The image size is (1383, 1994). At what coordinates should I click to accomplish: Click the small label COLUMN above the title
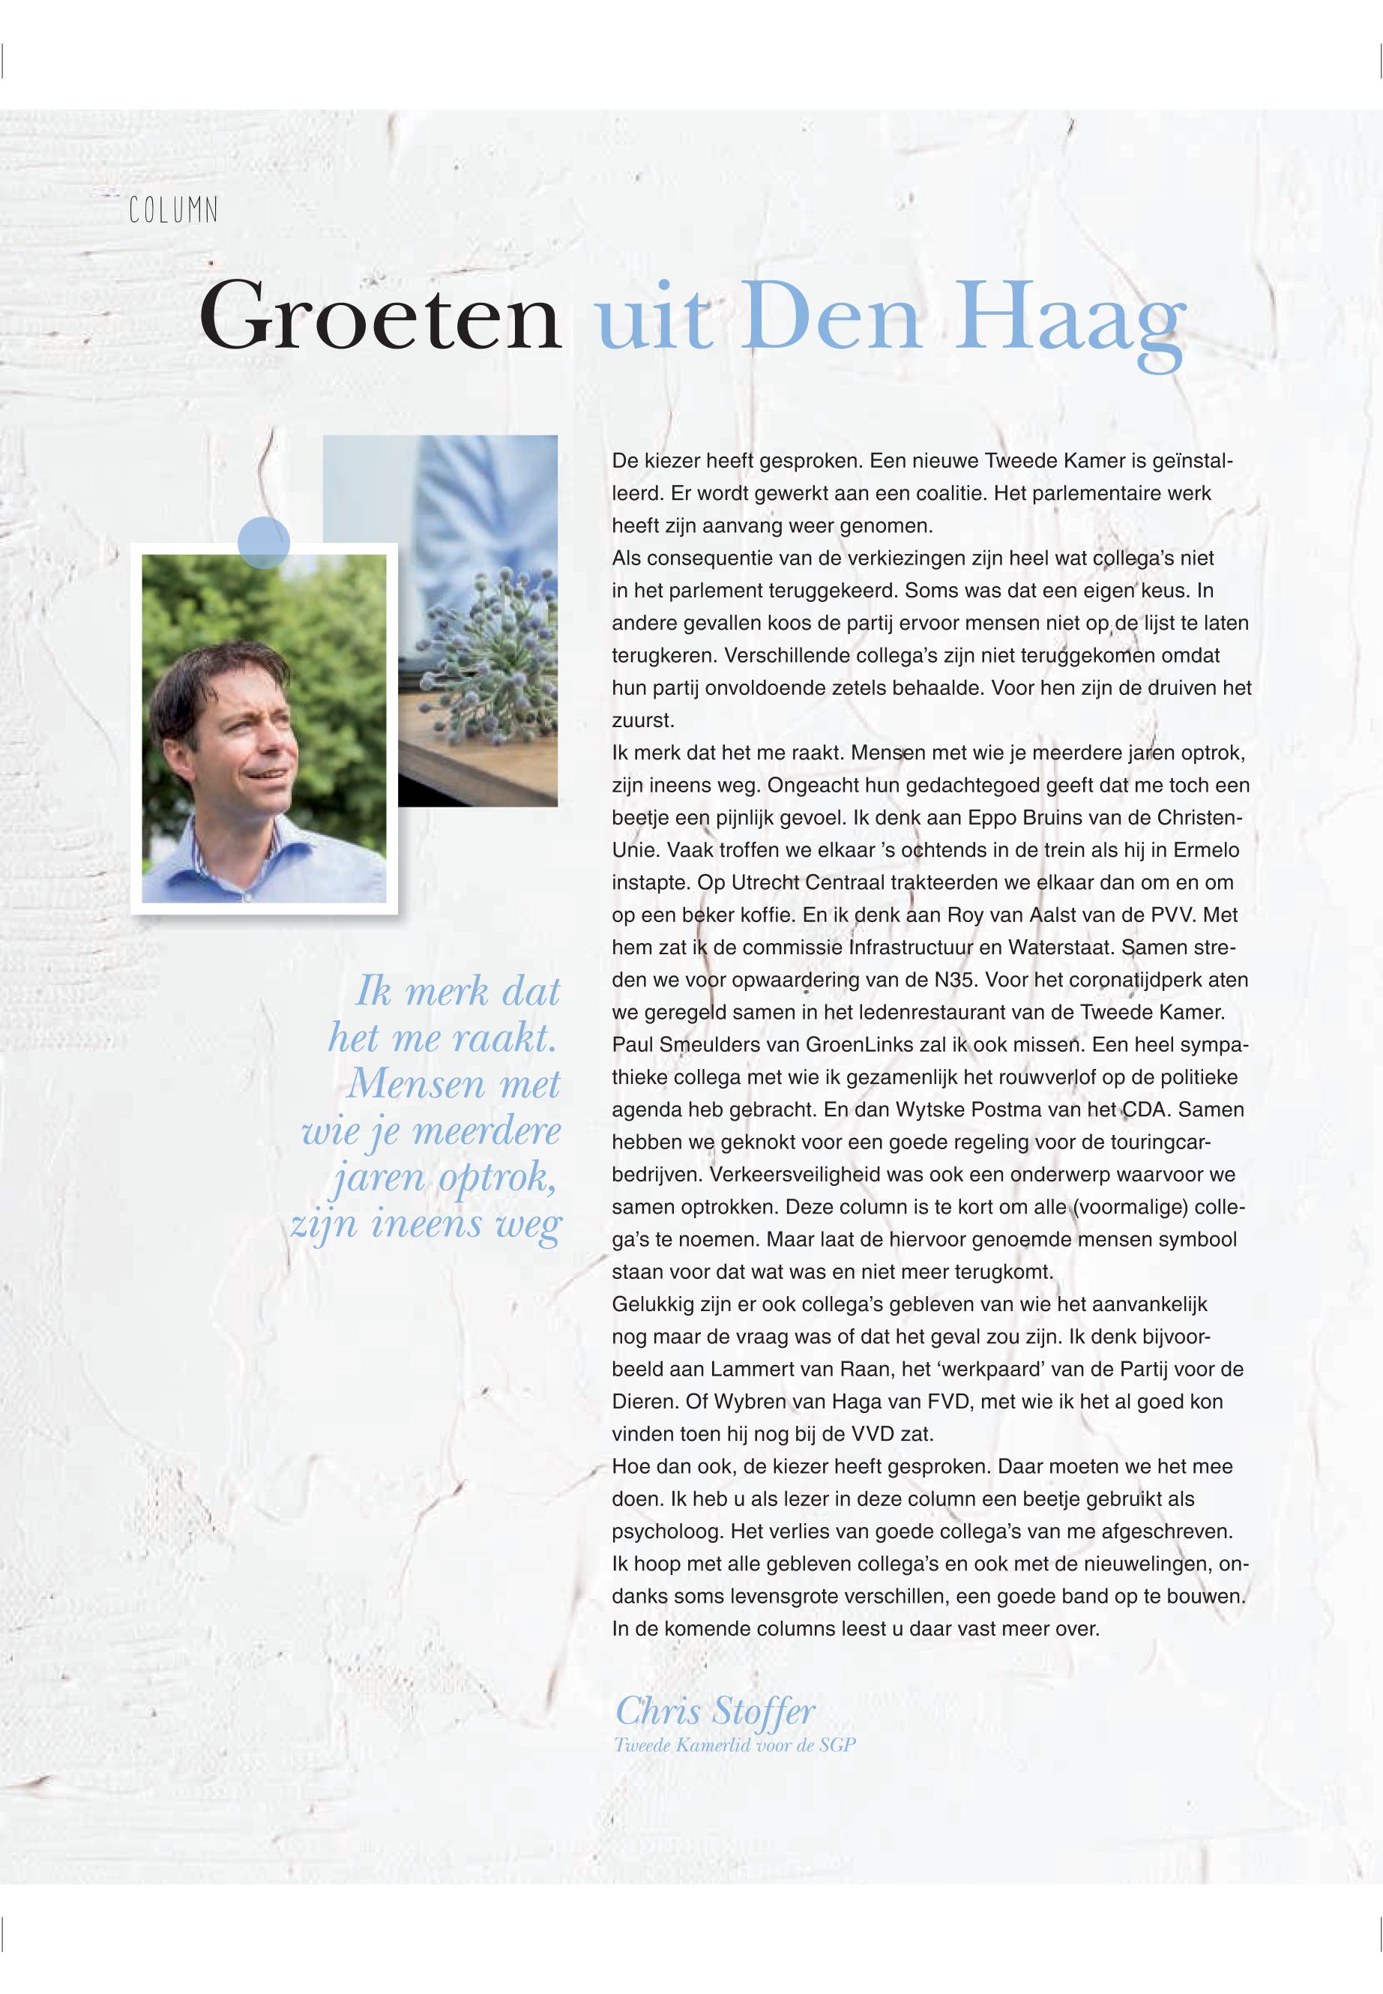click(x=173, y=211)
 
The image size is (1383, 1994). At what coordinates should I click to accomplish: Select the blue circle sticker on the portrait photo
click(x=263, y=542)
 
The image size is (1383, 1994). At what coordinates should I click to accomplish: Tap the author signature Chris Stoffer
click(x=715, y=1711)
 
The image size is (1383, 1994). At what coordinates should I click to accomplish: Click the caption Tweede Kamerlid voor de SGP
click(x=734, y=1745)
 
